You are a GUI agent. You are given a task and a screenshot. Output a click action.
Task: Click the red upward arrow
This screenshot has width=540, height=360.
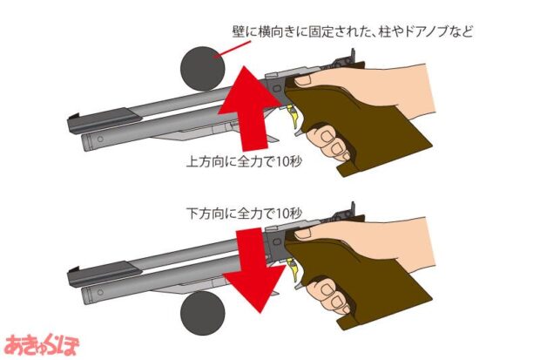tap(248, 111)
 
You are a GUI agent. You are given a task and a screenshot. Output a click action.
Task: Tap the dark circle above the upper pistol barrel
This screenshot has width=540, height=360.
tap(202, 69)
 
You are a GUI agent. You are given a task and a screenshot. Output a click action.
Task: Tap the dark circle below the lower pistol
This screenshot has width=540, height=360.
tap(202, 313)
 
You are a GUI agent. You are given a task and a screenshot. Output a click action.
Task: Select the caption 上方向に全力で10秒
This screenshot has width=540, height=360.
tap(244, 161)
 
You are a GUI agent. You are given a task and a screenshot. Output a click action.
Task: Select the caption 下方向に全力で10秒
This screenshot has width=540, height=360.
tap(244, 213)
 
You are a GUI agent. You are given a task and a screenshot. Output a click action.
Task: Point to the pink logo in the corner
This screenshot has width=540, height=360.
tap(41, 344)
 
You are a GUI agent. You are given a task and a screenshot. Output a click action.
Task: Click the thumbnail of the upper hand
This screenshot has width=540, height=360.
tap(303, 81)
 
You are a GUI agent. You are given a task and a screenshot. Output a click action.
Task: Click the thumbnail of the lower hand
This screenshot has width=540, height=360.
tap(303, 234)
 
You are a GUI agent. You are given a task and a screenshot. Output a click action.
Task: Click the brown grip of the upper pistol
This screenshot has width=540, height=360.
tap(365, 131)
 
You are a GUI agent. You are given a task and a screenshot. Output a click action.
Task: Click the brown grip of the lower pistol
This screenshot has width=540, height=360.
tap(365, 284)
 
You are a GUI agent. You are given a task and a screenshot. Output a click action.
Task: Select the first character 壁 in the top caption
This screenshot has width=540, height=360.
tap(239, 32)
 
